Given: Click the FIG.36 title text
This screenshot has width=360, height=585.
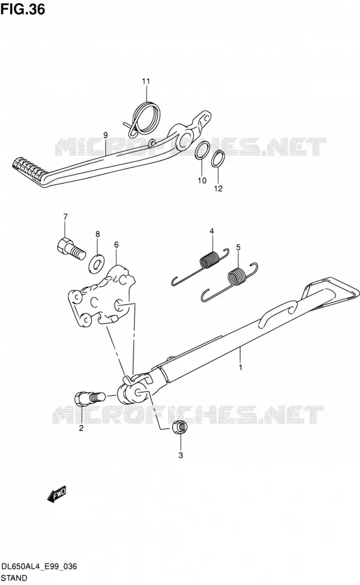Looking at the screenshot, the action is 23,9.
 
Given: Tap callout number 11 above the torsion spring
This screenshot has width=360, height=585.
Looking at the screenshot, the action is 145,81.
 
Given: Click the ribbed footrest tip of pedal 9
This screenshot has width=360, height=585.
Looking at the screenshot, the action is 28,169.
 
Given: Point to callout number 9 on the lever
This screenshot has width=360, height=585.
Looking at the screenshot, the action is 106,135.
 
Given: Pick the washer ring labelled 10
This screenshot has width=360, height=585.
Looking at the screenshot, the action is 201,152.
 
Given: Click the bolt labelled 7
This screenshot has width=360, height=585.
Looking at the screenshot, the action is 70,247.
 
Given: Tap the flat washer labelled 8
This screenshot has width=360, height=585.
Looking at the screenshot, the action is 96,263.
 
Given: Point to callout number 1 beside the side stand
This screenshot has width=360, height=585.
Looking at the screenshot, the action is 240,367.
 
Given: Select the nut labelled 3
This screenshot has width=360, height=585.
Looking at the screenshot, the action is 181,426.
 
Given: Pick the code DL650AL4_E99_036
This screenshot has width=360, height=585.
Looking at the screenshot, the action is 39,566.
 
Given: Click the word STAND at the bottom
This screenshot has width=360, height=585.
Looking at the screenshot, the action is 14,578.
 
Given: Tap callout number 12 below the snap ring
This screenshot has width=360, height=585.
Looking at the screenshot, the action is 218,188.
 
